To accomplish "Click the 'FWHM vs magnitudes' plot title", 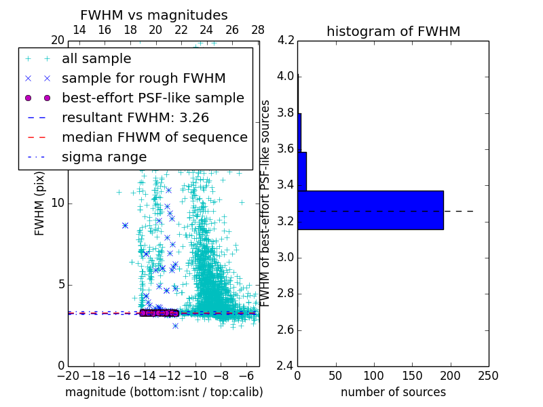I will pos(154,15).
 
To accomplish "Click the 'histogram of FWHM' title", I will pos(393,31).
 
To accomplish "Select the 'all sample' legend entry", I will pos(96,59).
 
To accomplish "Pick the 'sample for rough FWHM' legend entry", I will pos(143,78).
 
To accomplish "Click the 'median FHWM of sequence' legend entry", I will pos(154,137).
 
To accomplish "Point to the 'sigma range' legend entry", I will pos(104,157).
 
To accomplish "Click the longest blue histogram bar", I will pos(371,210).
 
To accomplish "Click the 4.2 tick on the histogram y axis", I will pos(286,40).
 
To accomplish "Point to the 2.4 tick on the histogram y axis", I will pos(286,366).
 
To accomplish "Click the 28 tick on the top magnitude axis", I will pos(258,30).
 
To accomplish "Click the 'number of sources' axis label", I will pos(393,392).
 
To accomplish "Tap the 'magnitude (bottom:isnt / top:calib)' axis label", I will pos(164,392).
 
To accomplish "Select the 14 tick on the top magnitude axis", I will pos(79,30).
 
